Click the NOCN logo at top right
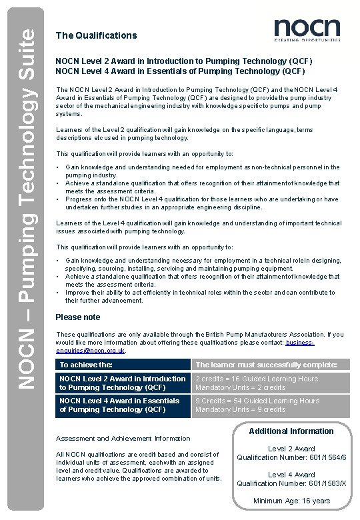307,30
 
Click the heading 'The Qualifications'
96,35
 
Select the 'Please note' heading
78,317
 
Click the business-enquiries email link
199,346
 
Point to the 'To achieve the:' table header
86,365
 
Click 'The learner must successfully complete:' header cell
270,365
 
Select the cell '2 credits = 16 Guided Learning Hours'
257,379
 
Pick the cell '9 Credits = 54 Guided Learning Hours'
257,401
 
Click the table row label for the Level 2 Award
123,383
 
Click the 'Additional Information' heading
291,431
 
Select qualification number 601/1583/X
291,483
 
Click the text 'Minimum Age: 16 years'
291,501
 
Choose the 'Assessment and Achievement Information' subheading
123,439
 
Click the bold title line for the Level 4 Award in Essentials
180,71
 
